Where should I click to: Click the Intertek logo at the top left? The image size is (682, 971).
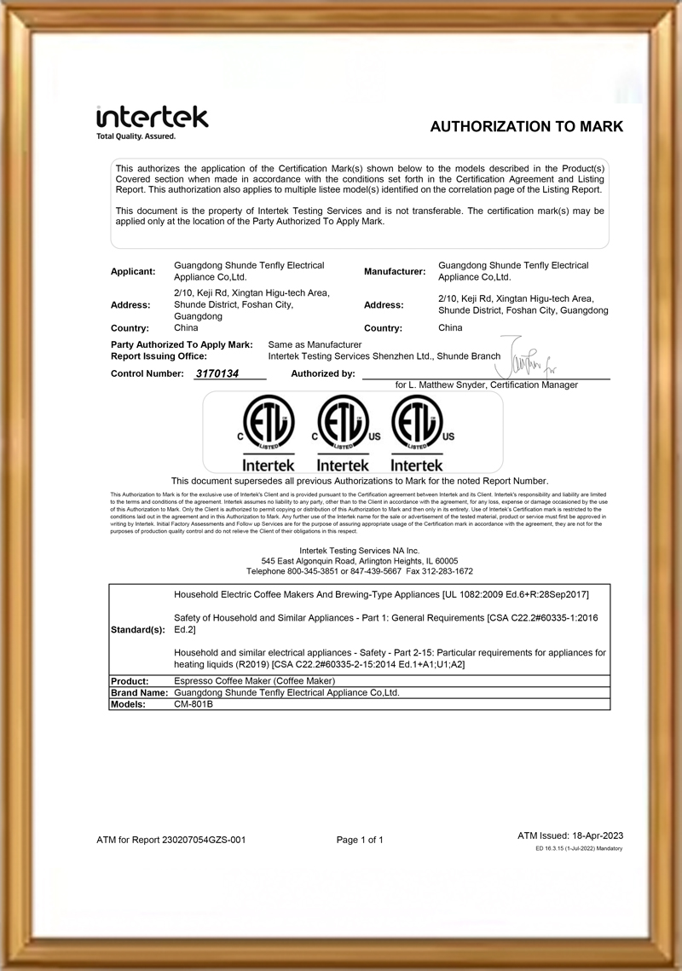[152, 117]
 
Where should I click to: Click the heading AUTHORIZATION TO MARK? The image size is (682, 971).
[526, 127]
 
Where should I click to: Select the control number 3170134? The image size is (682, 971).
[217, 373]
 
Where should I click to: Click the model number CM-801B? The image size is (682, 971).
[194, 705]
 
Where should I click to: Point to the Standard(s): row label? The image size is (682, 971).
[136, 630]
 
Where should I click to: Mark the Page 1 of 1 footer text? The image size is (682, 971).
[360, 840]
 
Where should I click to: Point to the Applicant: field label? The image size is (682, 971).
[133, 271]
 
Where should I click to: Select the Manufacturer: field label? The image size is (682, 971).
[395, 271]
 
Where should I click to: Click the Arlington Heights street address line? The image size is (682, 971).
[360, 561]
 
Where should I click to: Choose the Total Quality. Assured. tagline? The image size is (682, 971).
[136, 136]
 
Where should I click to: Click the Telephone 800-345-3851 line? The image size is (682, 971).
[360, 571]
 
